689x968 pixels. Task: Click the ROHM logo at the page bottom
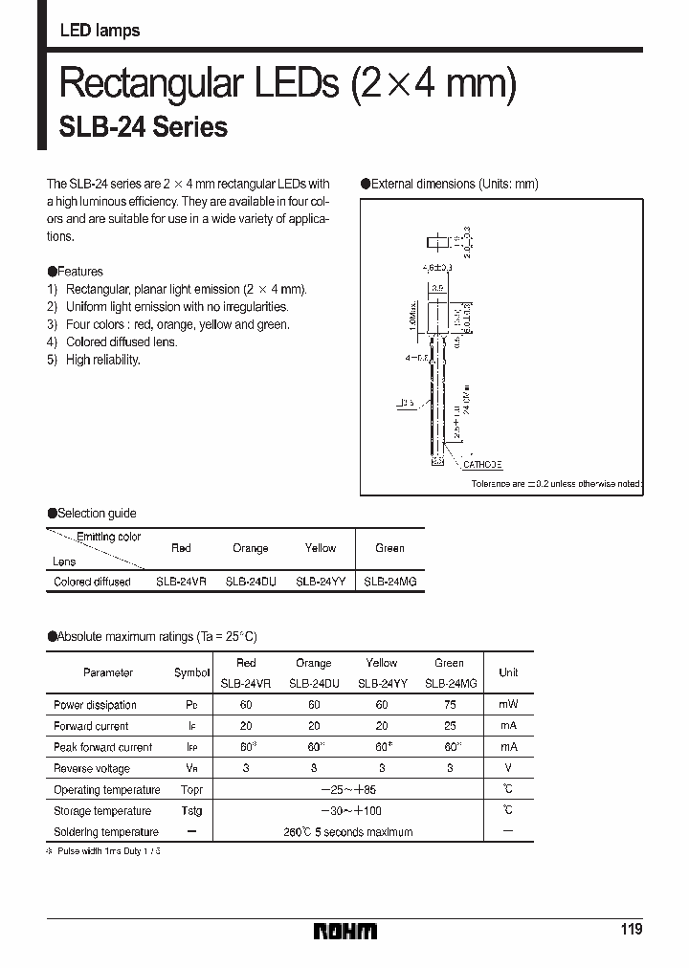(346, 931)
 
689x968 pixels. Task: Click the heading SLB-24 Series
(144, 127)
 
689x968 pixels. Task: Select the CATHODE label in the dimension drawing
(482, 464)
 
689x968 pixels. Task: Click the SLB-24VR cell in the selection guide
(181, 582)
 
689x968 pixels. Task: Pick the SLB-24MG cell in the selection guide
(389, 582)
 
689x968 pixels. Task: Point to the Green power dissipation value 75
(449, 705)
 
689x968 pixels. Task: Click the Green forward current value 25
(449, 726)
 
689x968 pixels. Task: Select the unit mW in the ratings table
(508, 705)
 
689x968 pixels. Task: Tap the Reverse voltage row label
(92, 769)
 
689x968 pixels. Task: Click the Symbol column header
(191, 673)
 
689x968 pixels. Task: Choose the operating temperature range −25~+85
(347, 790)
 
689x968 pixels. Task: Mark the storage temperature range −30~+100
(347, 811)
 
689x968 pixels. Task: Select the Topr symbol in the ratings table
(191, 790)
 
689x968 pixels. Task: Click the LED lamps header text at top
(100, 31)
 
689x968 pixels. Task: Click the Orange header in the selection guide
(251, 548)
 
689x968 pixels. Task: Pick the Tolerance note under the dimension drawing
(556, 485)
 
